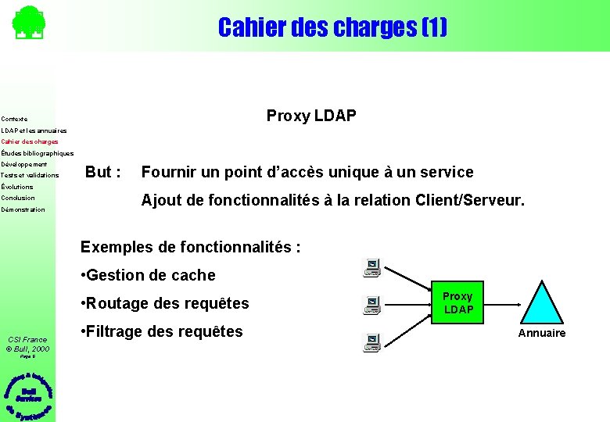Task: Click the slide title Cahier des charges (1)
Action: pyautogui.click(x=332, y=27)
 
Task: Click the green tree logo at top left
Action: pyautogui.click(x=28, y=23)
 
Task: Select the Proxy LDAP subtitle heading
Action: pyautogui.click(x=311, y=116)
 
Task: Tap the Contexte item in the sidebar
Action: pyautogui.click(x=15, y=120)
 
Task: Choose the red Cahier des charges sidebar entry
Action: pyautogui.click(x=30, y=142)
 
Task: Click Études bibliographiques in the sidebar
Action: pyautogui.click(x=38, y=153)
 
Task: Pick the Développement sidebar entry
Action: pyautogui.click(x=24, y=165)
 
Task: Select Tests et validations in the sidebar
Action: pyautogui.click(x=30, y=176)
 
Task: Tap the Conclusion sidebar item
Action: pyautogui.click(x=18, y=198)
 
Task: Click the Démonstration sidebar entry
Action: pyautogui.click(x=23, y=209)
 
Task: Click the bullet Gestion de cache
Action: pyautogui.click(x=148, y=275)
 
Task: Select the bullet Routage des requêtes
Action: pyautogui.click(x=165, y=303)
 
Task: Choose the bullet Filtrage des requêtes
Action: pyautogui.click(x=162, y=331)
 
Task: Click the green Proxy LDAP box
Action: pyautogui.click(x=458, y=302)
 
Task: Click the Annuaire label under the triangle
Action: pyautogui.click(x=542, y=334)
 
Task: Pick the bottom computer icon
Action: pyautogui.click(x=372, y=342)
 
